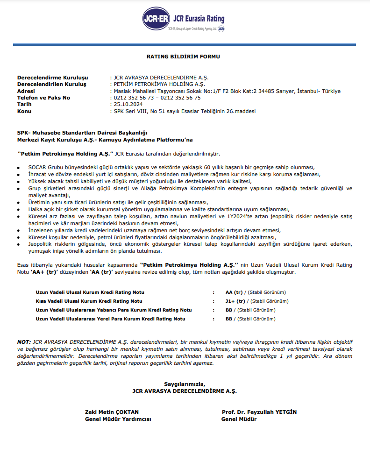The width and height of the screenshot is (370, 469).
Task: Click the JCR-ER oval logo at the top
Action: (x=157, y=19)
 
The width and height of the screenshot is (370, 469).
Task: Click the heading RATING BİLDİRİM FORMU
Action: (x=183, y=57)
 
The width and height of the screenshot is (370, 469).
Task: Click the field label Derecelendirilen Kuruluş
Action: (x=51, y=85)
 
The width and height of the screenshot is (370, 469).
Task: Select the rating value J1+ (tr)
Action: (x=235, y=301)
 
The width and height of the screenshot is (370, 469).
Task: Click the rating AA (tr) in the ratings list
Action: (x=235, y=292)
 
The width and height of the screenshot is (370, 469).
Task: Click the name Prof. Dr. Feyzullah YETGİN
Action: (x=259, y=412)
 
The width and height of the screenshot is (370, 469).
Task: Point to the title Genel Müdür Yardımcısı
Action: (x=118, y=419)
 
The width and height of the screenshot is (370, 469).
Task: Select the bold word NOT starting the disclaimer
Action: (x=24, y=342)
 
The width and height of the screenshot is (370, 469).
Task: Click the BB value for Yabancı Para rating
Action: (x=229, y=310)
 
